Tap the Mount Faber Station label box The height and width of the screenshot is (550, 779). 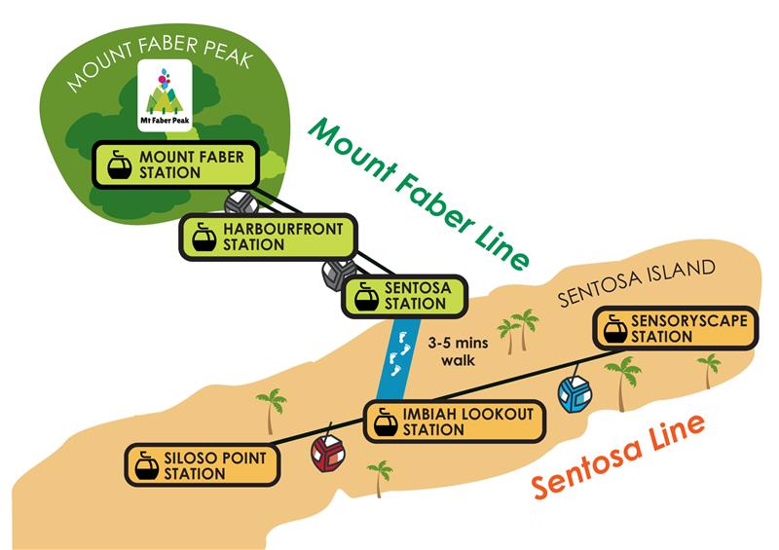click(174, 165)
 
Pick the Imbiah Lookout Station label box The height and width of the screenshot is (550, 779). click(452, 422)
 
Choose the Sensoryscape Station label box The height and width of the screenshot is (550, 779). click(663, 328)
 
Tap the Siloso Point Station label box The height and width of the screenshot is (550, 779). click(202, 465)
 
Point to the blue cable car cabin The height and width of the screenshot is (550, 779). click(575, 394)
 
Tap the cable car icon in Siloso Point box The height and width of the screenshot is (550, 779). click(147, 465)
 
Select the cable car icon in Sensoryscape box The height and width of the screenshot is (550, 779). click(615, 328)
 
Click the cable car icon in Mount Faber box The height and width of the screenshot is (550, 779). click(117, 165)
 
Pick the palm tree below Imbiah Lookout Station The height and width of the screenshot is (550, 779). click(380, 477)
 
